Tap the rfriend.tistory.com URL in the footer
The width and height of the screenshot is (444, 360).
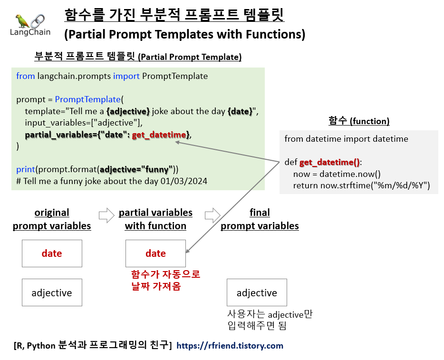pyautogui.click(x=230, y=346)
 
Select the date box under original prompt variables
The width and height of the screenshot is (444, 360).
pyautogui.click(x=52, y=253)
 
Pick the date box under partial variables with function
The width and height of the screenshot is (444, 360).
pyautogui.click(x=155, y=253)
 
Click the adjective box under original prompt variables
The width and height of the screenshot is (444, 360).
pyautogui.click(x=52, y=292)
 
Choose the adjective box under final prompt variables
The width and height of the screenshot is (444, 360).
pyautogui.click(x=257, y=292)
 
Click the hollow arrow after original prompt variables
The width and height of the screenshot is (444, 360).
pyautogui.click(x=106, y=215)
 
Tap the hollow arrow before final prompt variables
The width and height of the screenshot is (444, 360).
pyautogui.click(x=212, y=215)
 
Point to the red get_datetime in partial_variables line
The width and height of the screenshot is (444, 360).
pyautogui.click(x=159, y=135)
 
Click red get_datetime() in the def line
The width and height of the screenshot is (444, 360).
pyautogui.click(x=329, y=162)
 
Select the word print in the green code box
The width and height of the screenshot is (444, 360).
pyautogui.click(x=25, y=169)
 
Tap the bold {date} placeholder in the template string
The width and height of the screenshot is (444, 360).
pyautogui.click(x=240, y=111)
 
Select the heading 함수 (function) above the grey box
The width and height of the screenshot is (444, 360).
pyautogui.click(x=359, y=121)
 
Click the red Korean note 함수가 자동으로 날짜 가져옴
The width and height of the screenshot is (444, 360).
pyautogui.click(x=165, y=281)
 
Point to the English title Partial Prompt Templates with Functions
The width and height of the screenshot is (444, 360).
pyautogui.click(x=184, y=35)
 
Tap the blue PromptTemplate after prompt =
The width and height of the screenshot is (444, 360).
pyautogui.click(x=87, y=99)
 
